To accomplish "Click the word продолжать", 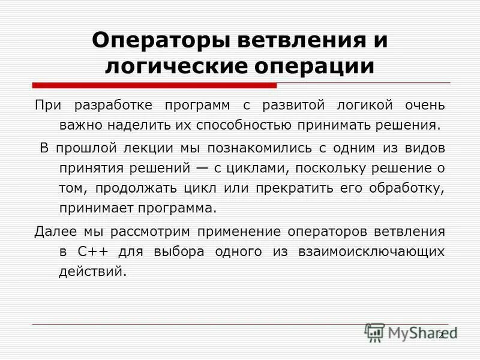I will coord(134,188).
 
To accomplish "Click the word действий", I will coord(93,272).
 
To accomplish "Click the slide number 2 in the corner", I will coord(441,335).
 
